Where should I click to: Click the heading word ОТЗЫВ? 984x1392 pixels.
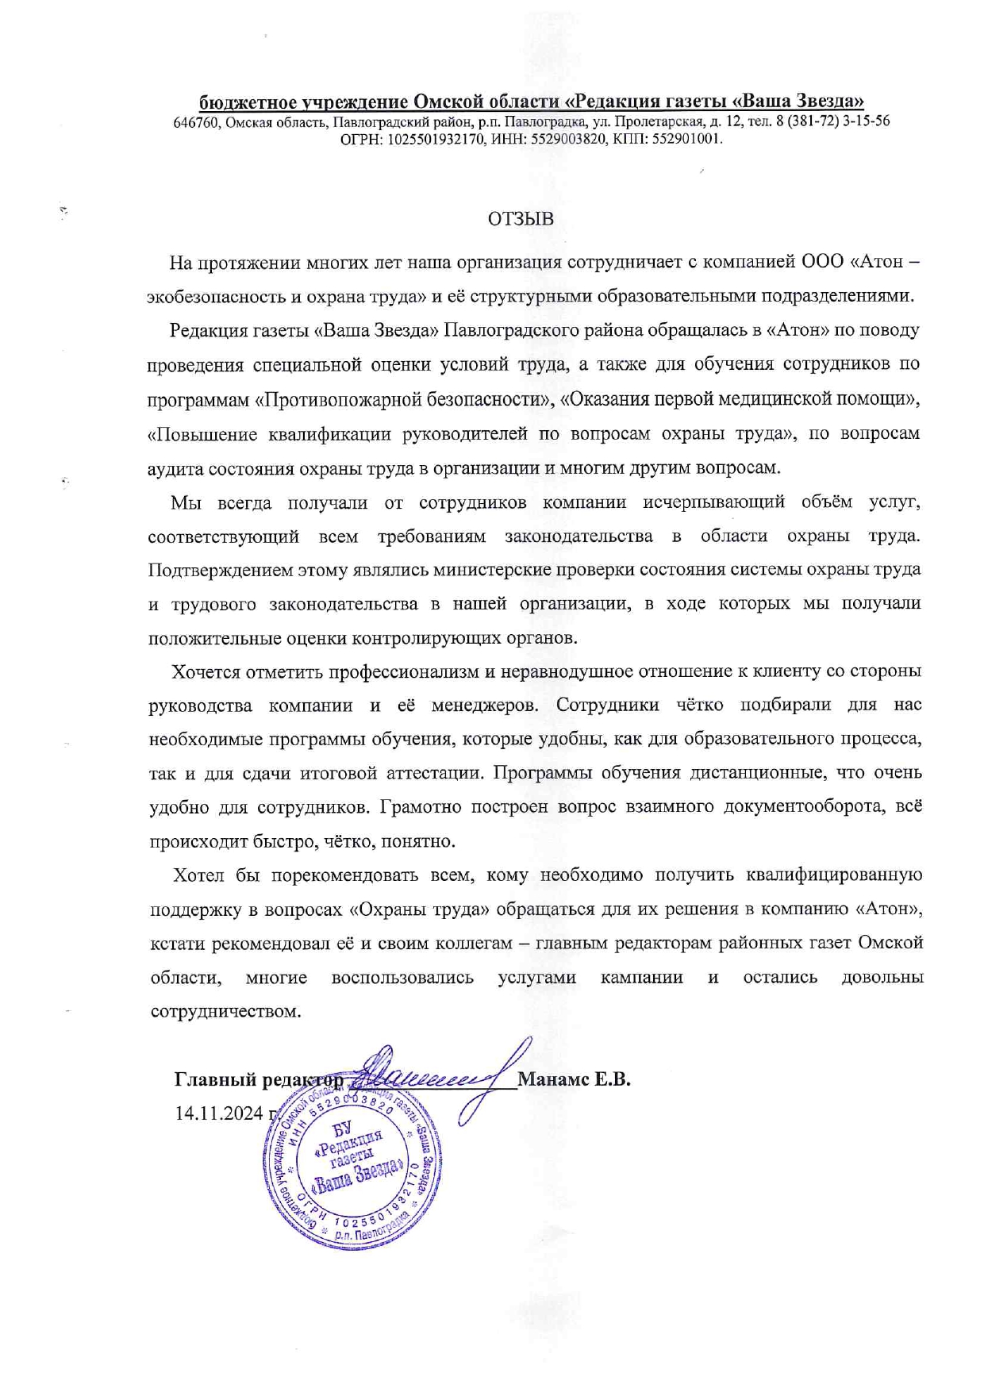(521, 218)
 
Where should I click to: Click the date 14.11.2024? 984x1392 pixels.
(218, 1113)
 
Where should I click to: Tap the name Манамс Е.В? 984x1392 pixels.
(574, 1079)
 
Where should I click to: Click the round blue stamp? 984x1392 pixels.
(352, 1167)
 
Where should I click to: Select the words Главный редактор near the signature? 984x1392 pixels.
(259, 1079)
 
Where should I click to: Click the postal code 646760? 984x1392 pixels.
(197, 121)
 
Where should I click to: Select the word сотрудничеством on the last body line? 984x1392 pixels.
(225, 1012)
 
